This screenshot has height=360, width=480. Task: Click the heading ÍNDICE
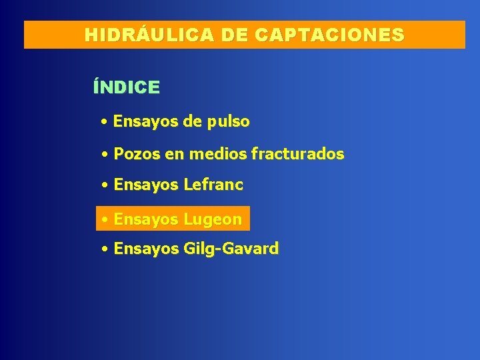click(x=127, y=87)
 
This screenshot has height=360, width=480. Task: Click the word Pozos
click(x=137, y=155)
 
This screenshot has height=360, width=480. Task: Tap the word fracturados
click(x=297, y=155)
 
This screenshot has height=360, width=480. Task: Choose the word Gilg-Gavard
click(x=231, y=249)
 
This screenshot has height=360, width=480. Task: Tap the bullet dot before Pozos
click(x=105, y=155)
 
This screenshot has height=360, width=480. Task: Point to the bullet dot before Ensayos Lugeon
click(x=105, y=220)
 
